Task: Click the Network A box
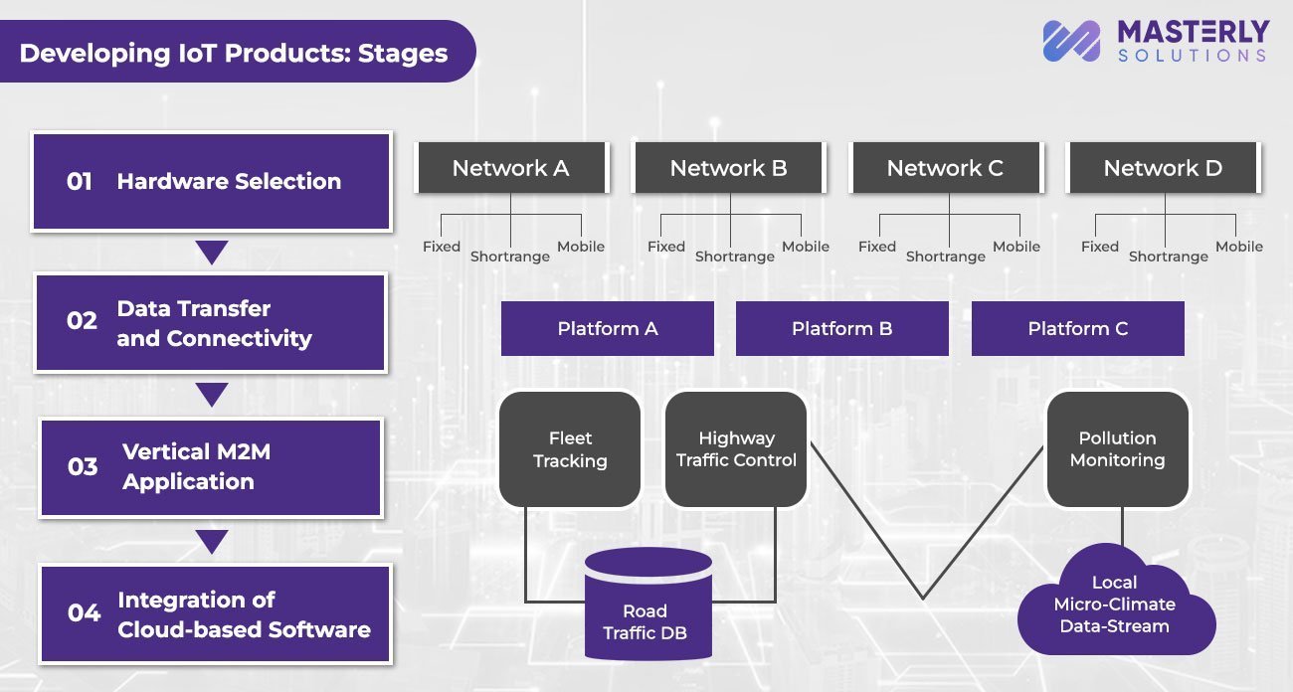tap(510, 168)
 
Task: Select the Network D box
tap(1163, 168)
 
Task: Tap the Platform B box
tap(841, 328)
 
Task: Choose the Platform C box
tap(1077, 328)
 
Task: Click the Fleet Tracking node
tap(570, 449)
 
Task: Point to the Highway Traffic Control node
tap(736, 449)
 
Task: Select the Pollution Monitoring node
tap(1117, 449)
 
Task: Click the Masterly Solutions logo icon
tap(1071, 42)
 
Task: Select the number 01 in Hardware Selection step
tap(80, 182)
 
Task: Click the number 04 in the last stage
tap(84, 613)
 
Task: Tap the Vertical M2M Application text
tap(196, 466)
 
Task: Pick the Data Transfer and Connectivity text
tap(214, 323)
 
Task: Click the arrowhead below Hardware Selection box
tap(212, 253)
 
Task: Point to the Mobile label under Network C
tap(1016, 247)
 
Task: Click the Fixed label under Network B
tap(665, 247)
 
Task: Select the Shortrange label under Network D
tap(1168, 257)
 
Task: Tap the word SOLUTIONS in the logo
tap(1192, 57)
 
